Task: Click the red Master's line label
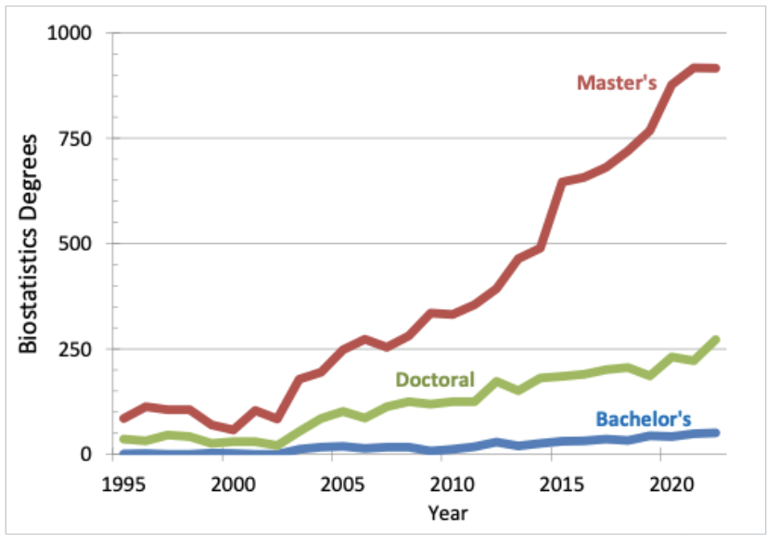(x=617, y=83)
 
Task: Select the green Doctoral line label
(x=435, y=379)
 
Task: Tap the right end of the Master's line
(x=715, y=68)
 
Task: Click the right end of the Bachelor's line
(x=715, y=432)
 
